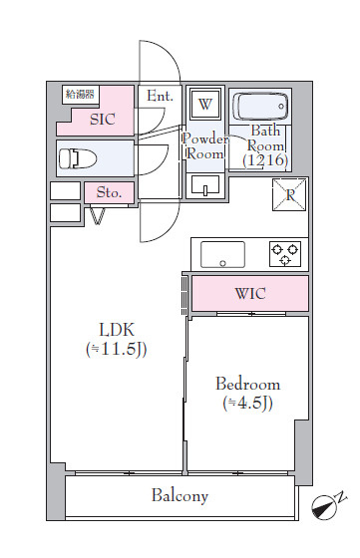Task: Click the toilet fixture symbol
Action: point(77,158)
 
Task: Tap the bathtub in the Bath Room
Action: point(260,106)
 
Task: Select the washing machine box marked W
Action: point(205,104)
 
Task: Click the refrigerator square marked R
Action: point(289,194)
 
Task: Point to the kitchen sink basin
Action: point(222,254)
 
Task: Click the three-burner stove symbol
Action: point(285,254)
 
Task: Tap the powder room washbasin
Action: point(205,185)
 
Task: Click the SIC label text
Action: point(102,120)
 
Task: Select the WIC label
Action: point(250,294)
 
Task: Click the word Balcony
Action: point(180,496)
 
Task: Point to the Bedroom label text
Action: point(248,385)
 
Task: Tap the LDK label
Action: point(117,330)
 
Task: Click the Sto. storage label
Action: point(109,192)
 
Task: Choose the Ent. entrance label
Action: point(160,96)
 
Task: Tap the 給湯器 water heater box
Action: point(81,95)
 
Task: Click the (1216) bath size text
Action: point(265,160)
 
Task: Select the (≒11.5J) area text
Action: point(117,350)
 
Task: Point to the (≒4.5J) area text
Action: point(248,404)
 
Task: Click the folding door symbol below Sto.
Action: point(97,215)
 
